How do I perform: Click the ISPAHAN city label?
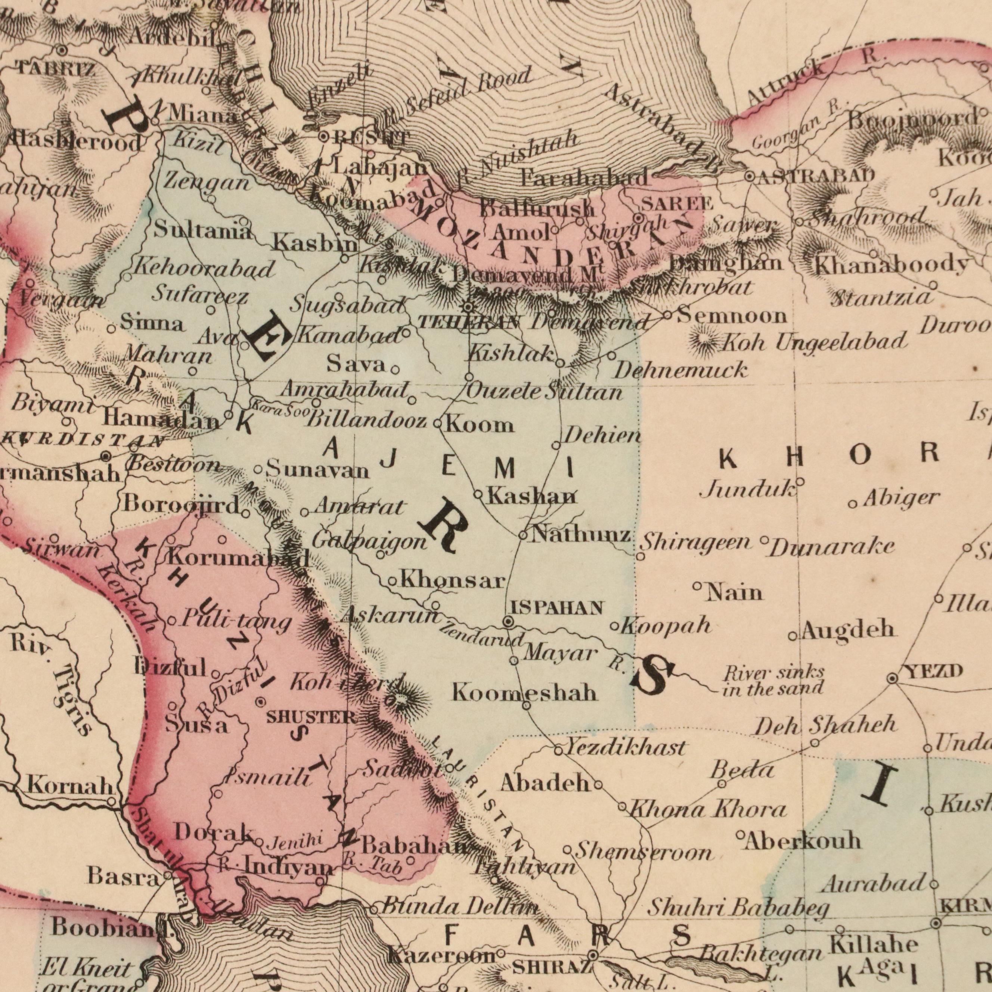coord(556,608)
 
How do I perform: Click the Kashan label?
coord(532,496)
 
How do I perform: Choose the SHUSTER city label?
coord(311,717)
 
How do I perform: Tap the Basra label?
coord(123,876)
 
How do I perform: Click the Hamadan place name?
coord(161,421)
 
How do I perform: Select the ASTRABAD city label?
coord(816,177)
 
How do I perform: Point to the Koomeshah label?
coord(525,693)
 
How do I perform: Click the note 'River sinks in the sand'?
coord(773,681)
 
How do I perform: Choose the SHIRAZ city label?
coord(552,968)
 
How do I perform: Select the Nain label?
coord(735,593)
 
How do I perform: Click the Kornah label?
coord(70,785)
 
